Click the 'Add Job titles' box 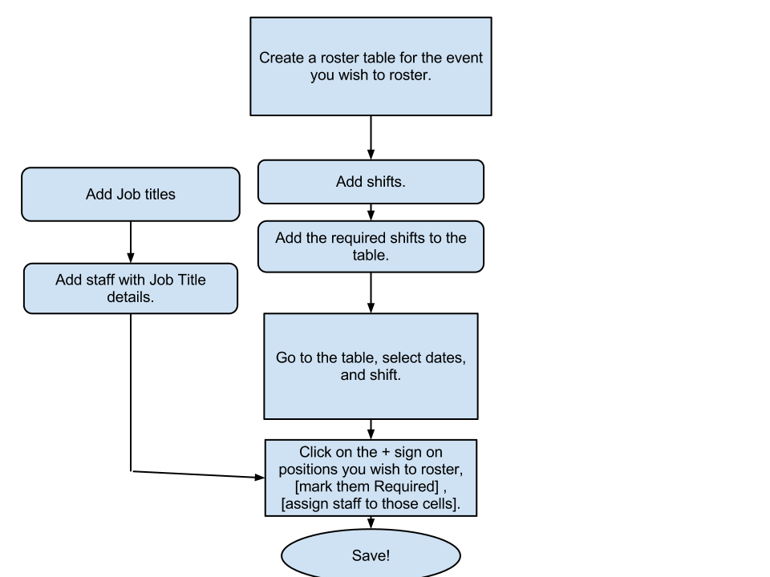click(130, 194)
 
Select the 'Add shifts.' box click(371, 182)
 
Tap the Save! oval click(371, 555)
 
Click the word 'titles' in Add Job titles click(157, 194)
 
